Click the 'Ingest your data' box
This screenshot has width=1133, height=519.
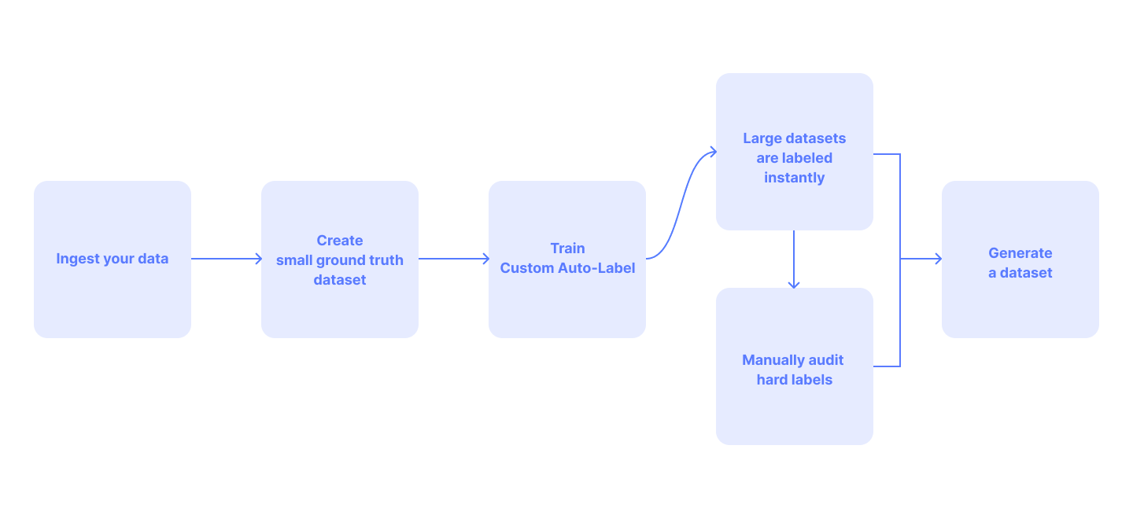tap(113, 259)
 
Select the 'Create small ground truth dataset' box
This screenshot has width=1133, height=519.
tap(340, 259)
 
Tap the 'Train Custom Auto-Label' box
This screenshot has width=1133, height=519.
tap(567, 259)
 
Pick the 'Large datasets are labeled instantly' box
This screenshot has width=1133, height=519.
tap(794, 152)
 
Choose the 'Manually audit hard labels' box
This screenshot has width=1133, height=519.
tap(794, 366)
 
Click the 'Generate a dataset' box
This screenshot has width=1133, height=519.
tap(1020, 259)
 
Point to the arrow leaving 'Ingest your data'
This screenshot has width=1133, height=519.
tap(227, 259)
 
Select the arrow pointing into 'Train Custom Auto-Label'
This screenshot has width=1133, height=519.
tap(454, 259)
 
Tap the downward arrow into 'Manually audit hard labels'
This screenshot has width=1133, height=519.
tap(794, 259)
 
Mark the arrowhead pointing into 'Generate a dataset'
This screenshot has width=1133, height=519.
tap(938, 259)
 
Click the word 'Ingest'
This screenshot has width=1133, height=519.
tap(78, 259)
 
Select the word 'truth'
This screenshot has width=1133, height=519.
tap(387, 259)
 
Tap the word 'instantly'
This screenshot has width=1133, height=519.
tap(794, 178)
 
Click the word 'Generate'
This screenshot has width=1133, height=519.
tap(1020, 253)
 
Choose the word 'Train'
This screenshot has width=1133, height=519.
tap(567, 248)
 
